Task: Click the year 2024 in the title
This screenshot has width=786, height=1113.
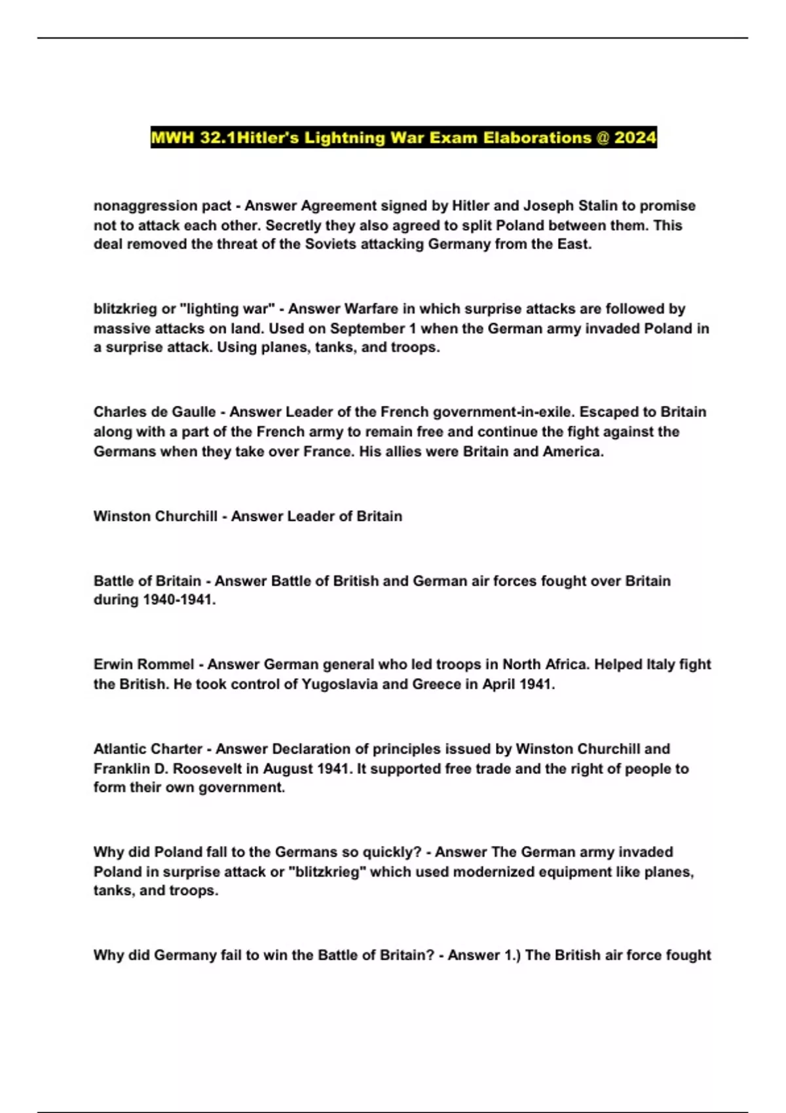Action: pyautogui.click(x=635, y=137)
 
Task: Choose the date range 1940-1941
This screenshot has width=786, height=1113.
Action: pyautogui.click(x=178, y=600)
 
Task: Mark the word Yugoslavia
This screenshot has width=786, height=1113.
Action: pyautogui.click(x=338, y=684)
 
